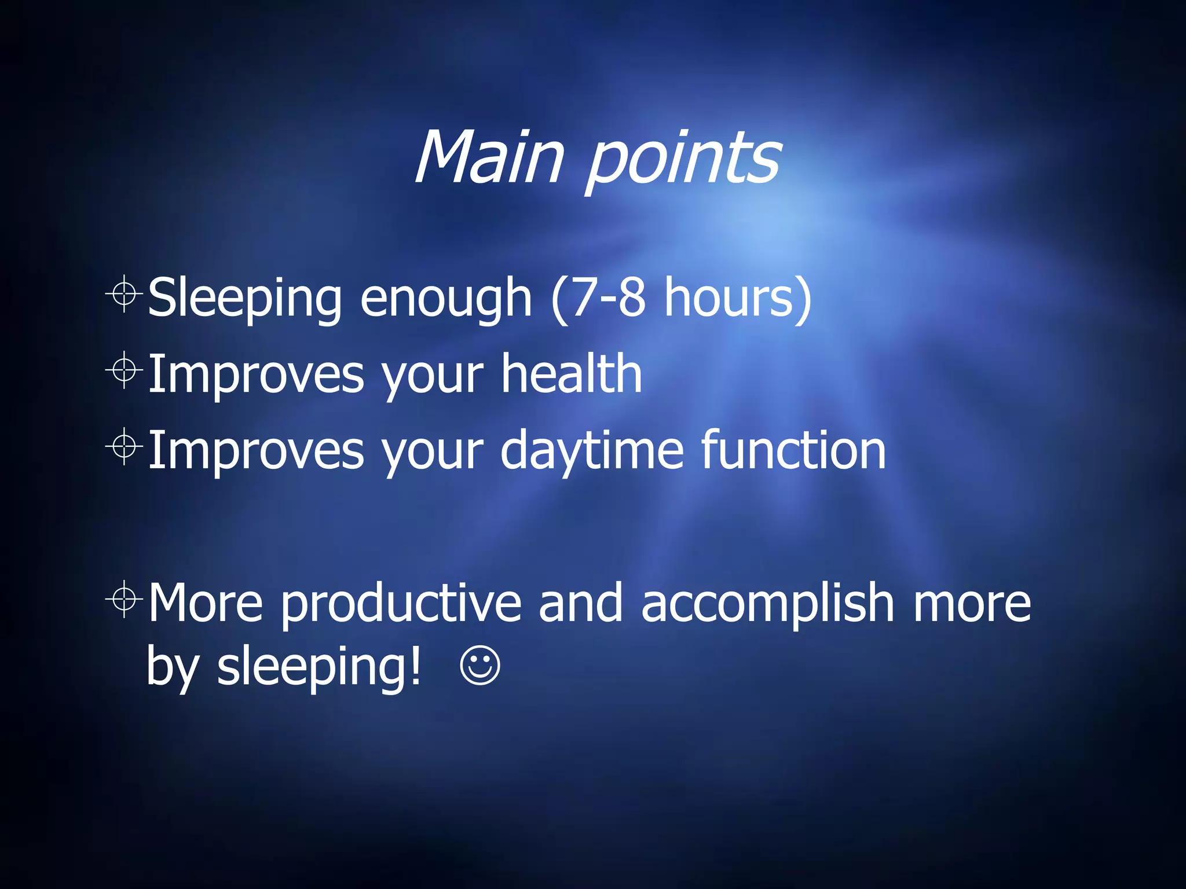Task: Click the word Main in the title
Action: click(489, 157)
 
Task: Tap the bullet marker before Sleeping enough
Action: click(124, 294)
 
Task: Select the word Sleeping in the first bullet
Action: click(244, 298)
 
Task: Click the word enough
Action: click(445, 298)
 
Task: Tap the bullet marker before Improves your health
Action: click(124, 370)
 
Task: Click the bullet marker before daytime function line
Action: click(124, 446)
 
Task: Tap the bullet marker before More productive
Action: click(124, 600)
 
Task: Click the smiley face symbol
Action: click(479, 666)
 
